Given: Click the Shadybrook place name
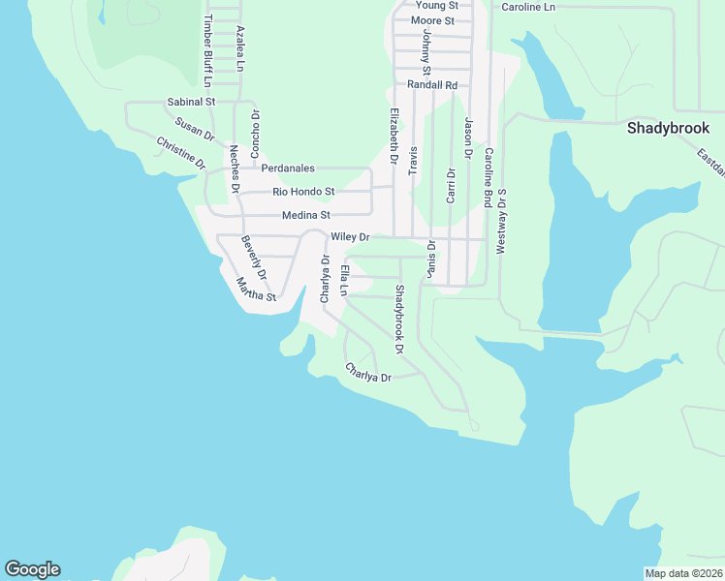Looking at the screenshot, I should pos(668,128).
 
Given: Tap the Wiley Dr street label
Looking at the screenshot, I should pos(351,237).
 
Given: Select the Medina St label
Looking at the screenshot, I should pos(306,215).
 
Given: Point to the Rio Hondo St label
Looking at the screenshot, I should pos(303,192).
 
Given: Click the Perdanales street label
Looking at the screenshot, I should pos(288,168).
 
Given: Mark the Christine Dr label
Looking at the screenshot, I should pos(181,153).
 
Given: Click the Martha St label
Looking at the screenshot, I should pos(257,290).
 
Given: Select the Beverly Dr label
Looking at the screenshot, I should pos(253,259).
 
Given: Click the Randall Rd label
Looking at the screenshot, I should pos(432,85).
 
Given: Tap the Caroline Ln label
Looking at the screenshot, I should pos(528,7).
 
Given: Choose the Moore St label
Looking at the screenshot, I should pos(432,20).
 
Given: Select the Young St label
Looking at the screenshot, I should pos(436,6).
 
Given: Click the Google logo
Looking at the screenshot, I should pos(32,569).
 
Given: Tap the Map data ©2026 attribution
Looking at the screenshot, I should pos(683,573).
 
